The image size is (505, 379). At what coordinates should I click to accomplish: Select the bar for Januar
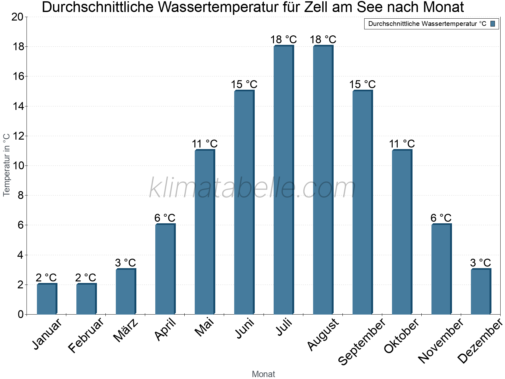click(x=47, y=299)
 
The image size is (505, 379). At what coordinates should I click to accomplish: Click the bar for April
click(x=165, y=269)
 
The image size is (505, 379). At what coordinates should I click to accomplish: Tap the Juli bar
click(x=283, y=180)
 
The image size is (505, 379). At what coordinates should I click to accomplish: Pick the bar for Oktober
click(x=402, y=232)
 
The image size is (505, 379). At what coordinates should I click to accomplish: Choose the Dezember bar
click(x=481, y=292)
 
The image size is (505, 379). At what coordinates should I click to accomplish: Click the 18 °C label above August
click(x=323, y=40)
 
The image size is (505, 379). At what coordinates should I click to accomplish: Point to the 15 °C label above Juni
click(x=244, y=85)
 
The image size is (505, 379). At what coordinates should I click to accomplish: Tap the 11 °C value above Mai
click(x=205, y=144)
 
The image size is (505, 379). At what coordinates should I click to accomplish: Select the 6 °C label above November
click(x=441, y=218)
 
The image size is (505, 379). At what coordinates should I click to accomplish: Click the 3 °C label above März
click(x=125, y=263)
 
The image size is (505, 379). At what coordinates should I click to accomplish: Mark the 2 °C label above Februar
click(x=86, y=278)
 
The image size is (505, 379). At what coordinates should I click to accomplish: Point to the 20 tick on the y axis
click(x=17, y=17)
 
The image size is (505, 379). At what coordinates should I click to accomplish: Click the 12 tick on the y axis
click(x=17, y=136)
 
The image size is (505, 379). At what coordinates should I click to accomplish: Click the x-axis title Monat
click(x=263, y=374)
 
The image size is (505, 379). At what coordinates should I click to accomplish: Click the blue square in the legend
click(x=493, y=24)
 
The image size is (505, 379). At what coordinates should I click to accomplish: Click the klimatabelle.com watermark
click(x=252, y=188)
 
